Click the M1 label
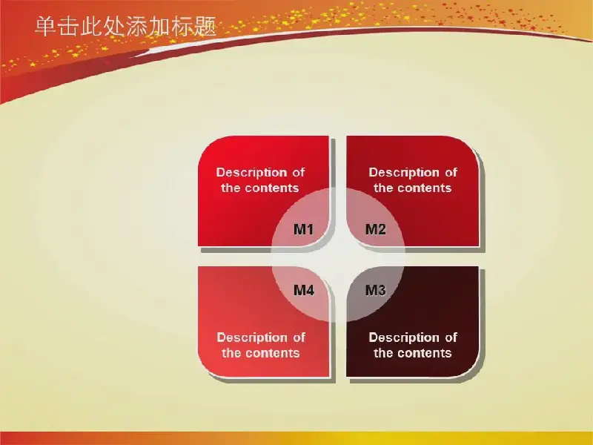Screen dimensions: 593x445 (304, 229)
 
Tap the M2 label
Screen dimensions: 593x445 (376, 229)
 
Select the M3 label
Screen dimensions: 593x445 (376, 290)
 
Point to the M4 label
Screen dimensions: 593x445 (304, 290)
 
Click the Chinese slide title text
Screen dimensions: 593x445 (125, 27)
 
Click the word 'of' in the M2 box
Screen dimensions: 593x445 (451, 172)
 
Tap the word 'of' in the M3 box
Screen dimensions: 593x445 (451, 337)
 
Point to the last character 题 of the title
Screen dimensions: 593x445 (206, 27)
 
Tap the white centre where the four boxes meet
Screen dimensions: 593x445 (339, 257)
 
